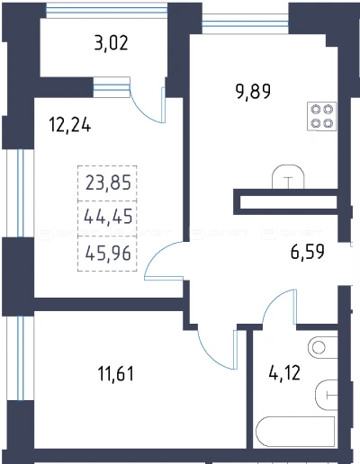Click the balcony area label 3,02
click(111, 43)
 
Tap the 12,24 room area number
click(69, 125)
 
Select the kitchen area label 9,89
click(254, 92)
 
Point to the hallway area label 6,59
click(308, 252)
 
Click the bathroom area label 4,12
click(284, 373)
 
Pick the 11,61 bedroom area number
click(116, 374)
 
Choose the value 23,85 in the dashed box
click(108, 183)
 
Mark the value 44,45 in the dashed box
click(108, 216)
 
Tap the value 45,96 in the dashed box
click(108, 254)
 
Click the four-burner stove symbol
click(321, 117)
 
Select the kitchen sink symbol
click(288, 177)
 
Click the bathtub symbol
click(295, 433)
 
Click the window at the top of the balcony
click(106, 11)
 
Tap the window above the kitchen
click(245, 23)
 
